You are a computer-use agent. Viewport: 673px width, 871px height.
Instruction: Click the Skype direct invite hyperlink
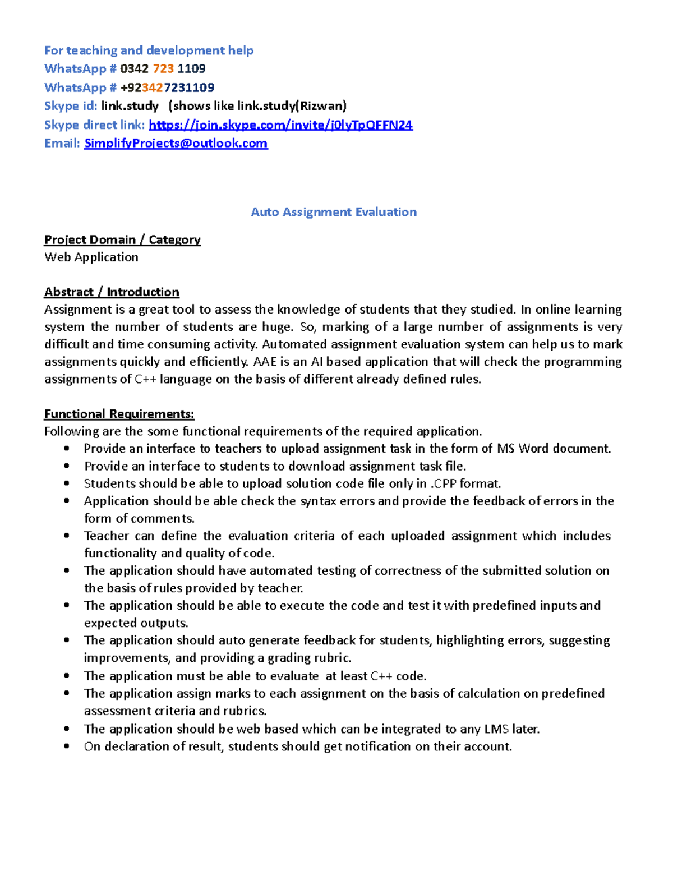point(280,125)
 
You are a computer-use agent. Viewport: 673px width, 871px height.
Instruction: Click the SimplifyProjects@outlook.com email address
point(176,143)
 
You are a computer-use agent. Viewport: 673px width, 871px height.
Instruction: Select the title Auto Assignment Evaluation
point(334,212)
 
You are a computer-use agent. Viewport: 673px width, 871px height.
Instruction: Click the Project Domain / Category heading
point(122,239)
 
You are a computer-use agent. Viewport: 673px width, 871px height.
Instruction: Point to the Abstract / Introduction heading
point(112,292)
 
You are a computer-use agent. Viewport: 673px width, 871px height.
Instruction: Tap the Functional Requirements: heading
point(119,414)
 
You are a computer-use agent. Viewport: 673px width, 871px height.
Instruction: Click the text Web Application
point(91,257)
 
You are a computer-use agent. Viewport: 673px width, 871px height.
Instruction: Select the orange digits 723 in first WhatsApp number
point(163,68)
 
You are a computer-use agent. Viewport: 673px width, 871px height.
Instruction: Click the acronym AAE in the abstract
point(265,362)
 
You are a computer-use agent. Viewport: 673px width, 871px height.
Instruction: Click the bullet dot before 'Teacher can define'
point(67,536)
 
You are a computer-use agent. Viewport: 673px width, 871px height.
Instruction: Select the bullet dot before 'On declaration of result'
point(67,746)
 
